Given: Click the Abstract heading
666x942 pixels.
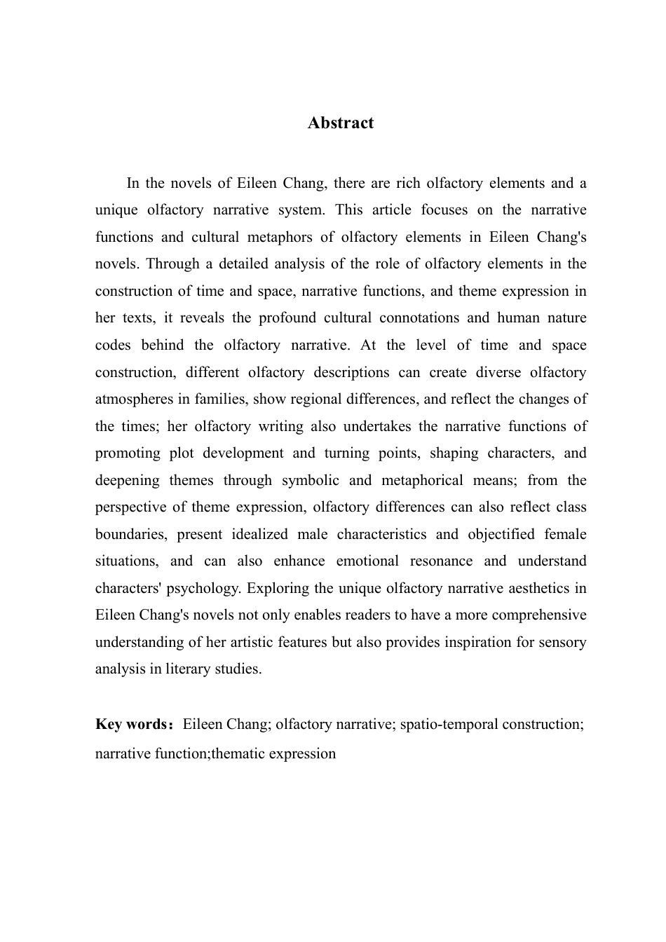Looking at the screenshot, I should [x=341, y=123].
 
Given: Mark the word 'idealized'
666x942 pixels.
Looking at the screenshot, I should [x=257, y=535].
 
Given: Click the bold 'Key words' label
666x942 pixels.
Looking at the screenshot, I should [x=130, y=725].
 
